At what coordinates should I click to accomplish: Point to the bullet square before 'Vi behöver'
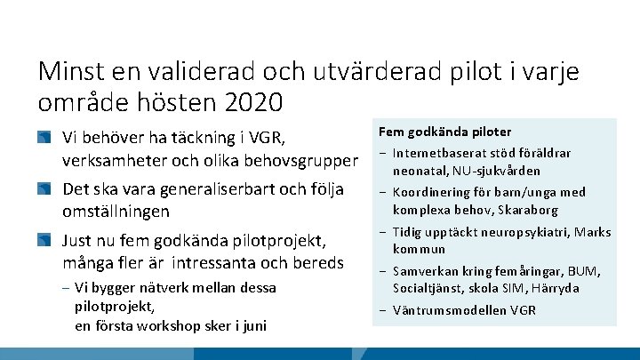pos(44,139)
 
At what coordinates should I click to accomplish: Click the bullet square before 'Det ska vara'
pos(44,189)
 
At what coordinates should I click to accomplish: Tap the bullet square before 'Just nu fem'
pos(44,241)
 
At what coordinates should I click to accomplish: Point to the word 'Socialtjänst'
pos(430,288)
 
